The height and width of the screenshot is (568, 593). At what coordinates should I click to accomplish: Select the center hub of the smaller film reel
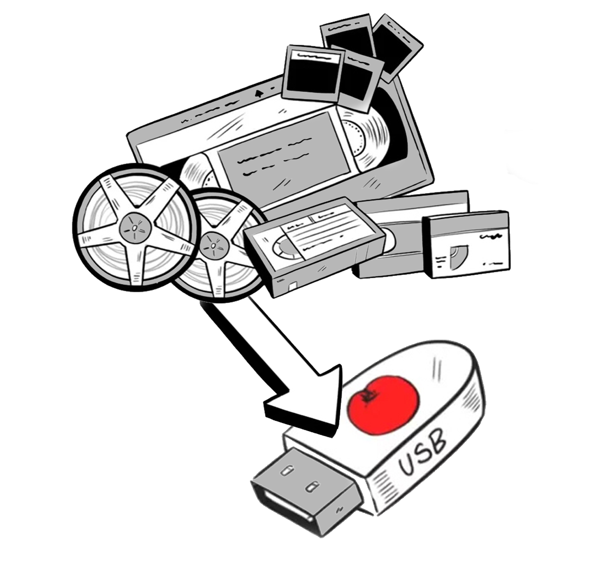tap(213, 246)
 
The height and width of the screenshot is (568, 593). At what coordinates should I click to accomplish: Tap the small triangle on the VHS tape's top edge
tap(259, 93)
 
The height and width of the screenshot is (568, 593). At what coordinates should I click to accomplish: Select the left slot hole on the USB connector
tap(285, 471)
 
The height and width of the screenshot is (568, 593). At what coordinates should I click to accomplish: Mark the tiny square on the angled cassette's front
tap(293, 286)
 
